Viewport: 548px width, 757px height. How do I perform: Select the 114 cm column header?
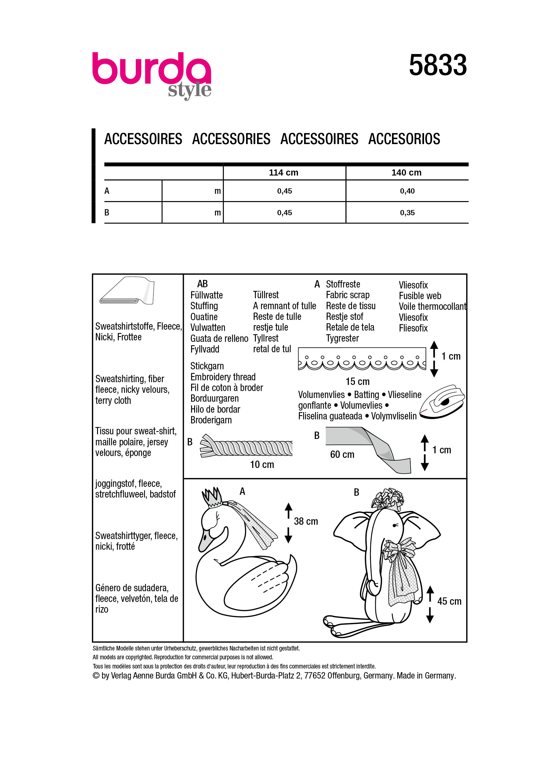click(x=283, y=172)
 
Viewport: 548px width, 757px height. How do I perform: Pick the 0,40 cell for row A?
click(x=407, y=191)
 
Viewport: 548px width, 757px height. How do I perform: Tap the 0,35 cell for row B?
click(x=407, y=213)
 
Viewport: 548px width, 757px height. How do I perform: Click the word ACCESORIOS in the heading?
click(x=404, y=139)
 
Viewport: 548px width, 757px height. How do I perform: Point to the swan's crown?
click(x=212, y=497)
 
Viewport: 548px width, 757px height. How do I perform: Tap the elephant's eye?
click(x=396, y=525)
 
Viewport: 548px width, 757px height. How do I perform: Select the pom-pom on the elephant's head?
click(x=388, y=500)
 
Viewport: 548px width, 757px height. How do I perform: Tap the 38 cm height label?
click(x=306, y=521)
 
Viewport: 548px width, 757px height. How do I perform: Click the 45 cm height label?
click(x=449, y=601)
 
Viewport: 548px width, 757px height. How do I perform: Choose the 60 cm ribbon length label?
click(x=342, y=454)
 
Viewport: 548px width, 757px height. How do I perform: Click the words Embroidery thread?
click(x=223, y=377)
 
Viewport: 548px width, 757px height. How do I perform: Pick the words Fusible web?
click(x=419, y=296)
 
